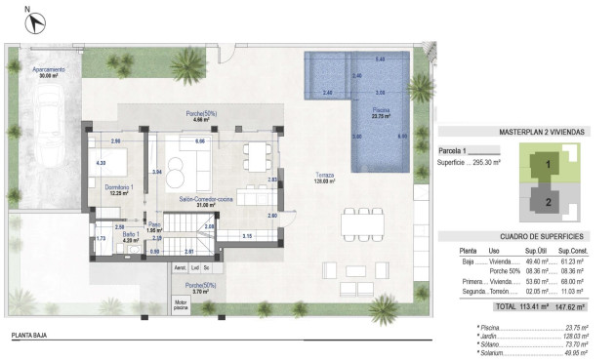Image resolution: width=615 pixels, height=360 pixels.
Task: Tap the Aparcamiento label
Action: [x=49, y=70]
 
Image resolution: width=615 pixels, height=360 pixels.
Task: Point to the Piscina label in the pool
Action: [x=380, y=112]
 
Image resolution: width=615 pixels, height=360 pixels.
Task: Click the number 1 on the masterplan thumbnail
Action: [x=549, y=165]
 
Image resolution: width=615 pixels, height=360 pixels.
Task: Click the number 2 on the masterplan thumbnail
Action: [x=549, y=203]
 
